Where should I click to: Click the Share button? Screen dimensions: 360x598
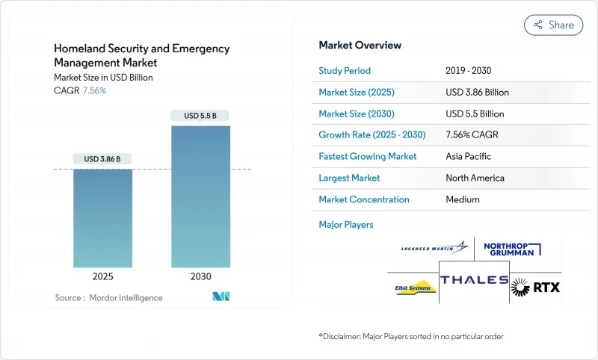coord(553,25)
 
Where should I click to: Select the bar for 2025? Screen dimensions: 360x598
coord(102,218)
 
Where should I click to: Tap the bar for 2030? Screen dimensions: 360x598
coord(200,196)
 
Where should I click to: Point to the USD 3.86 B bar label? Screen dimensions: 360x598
coord(102,158)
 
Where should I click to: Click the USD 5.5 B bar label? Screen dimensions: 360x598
coord(200,115)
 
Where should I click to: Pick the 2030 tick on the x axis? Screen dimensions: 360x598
coord(200,276)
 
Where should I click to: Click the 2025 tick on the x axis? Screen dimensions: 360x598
coord(102,276)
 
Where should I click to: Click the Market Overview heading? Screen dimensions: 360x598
coord(360,46)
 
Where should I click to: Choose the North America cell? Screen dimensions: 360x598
coord(475,178)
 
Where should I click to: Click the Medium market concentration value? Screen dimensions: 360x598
coord(463,199)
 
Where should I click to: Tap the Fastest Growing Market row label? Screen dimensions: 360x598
coord(368,157)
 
